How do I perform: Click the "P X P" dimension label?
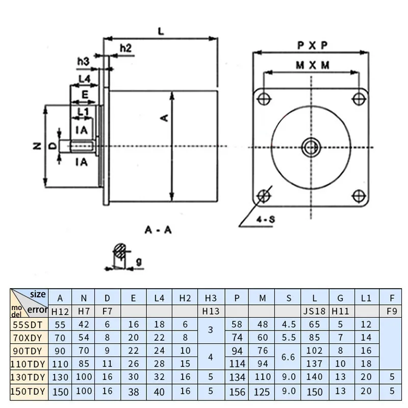click(x=312, y=45)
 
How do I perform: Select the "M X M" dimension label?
click(x=312, y=65)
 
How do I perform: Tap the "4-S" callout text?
click(x=265, y=220)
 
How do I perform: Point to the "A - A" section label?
click(x=158, y=230)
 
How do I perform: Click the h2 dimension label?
click(x=125, y=48)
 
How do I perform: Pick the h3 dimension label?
click(x=83, y=62)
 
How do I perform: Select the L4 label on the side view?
click(x=85, y=79)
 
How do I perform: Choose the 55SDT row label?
click(x=28, y=324)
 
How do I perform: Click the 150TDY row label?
click(x=28, y=391)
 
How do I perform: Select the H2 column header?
click(x=185, y=297)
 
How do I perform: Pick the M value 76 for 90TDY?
click(x=262, y=351)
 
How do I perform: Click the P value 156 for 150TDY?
click(x=237, y=392)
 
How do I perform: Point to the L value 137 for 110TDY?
click(x=313, y=364)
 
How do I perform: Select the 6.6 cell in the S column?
click(x=288, y=357)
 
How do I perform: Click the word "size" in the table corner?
click(x=38, y=294)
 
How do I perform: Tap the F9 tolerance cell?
click(x=392, y=311)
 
